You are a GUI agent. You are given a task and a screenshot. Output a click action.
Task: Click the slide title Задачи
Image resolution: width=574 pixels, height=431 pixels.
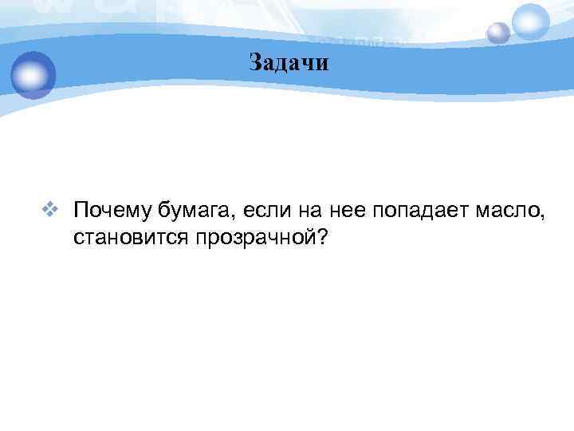click(288, 63)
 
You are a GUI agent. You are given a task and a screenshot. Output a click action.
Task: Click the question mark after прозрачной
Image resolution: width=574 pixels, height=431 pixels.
click(321, 238)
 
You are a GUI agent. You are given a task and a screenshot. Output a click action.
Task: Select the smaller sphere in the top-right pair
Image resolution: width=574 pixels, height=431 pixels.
click(498, 33)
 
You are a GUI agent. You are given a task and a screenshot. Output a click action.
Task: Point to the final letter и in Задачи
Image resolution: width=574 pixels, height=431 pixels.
click(321, 64)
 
